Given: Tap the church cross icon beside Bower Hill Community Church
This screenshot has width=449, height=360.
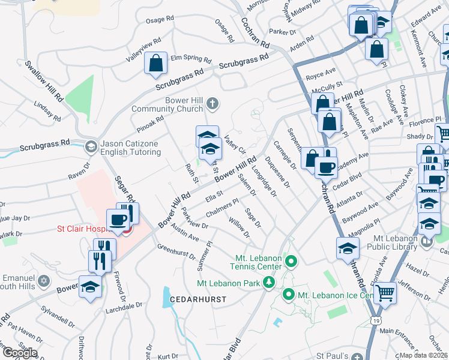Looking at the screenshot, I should (x=212, y=104).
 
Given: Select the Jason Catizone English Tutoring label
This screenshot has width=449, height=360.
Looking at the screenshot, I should (x=130, y=148).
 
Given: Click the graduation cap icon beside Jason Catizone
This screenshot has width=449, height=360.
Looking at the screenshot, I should (x=91, y=146).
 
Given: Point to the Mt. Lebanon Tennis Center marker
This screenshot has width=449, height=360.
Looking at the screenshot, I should (x=291, y=262).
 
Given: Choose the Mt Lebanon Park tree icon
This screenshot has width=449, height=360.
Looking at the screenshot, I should (x=270, y=282).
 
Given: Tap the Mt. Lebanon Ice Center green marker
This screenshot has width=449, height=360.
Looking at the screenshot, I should (x=288, y=295).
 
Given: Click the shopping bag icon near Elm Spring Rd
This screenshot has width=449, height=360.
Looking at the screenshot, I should (x=155, y=62).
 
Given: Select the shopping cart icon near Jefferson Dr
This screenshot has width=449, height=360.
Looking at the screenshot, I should (x=385, y=292).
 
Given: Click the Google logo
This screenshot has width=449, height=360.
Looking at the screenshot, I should (x=20, y=353).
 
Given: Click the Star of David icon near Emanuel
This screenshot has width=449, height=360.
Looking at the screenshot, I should (x=43, y=281).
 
